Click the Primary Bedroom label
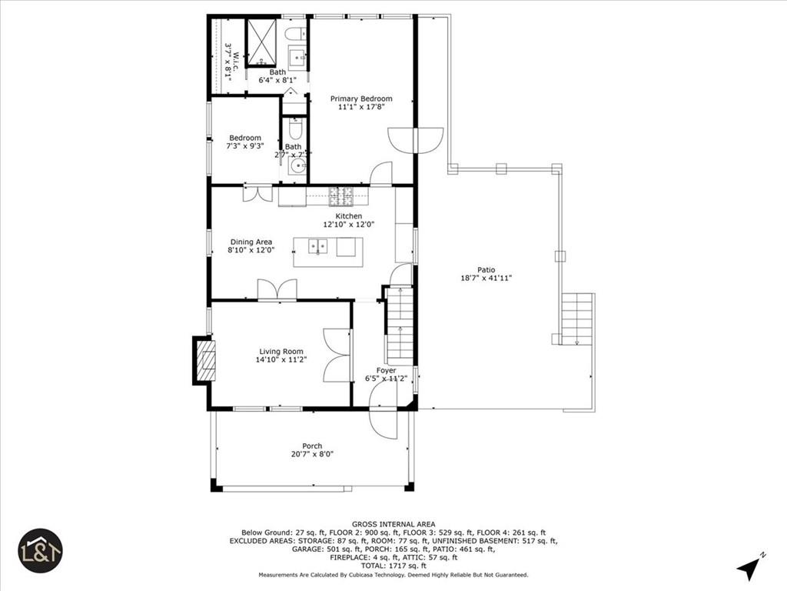click(361, 98)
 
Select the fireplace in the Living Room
click(205, 360)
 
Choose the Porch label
click(312, 446)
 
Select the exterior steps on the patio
click(577, 319)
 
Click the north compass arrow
click(749, 567)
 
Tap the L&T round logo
click(40, 550)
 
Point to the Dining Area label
click(251, 242)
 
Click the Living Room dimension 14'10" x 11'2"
click(281, 360)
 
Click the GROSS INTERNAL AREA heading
click(393, 523)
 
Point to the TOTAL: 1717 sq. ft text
click(393, 566)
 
